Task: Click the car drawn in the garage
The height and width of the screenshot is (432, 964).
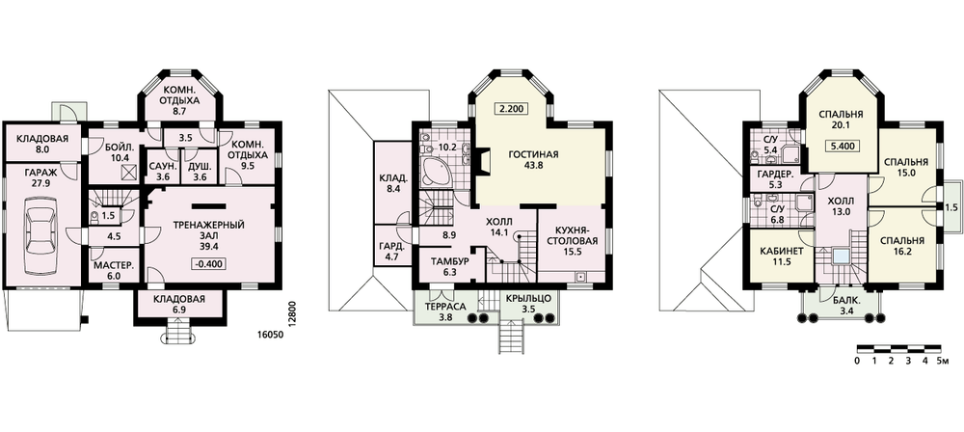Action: tap(41, 241)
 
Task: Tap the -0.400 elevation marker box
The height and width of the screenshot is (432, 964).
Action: tap(209, 264)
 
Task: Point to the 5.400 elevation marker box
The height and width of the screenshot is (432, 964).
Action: tap(842, 147)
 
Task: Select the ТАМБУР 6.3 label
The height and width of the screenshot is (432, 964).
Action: tap(448, 267)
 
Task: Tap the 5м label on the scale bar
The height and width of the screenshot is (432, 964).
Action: tap(943, 362)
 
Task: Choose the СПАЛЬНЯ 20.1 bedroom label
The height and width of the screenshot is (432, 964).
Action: tap(842, 120)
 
